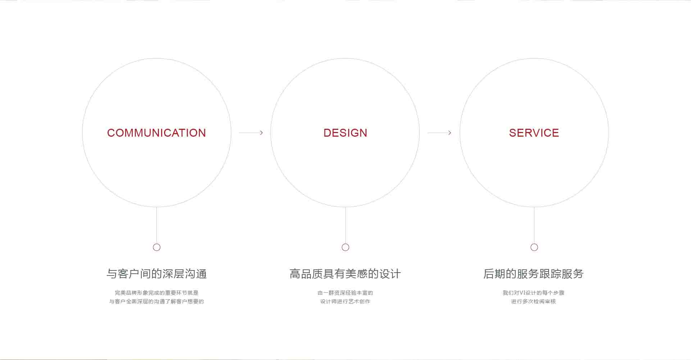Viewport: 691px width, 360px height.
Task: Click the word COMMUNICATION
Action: pyautogui.click(x=156, y=133)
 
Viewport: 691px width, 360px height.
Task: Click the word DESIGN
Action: pyautogui.click(x=345, y=133)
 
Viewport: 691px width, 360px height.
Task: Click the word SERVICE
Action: pyautogui.click(x=534, y=133)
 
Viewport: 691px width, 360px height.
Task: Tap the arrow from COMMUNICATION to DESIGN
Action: pyautogui.click(x=251, y=133)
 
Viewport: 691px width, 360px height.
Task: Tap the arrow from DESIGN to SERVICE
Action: pyautogui.click(x=439, y=133)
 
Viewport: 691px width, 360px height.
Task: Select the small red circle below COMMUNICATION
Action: pyautogui.click(x=156, y=247)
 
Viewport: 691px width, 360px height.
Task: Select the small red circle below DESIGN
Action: pyautogui.click(x=345, y=247)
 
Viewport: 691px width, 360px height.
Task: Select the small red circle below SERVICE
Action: pyautogui.click(x=534, y=247)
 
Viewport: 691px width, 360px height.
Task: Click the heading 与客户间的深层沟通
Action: pyautogui.click(x=156, y=274)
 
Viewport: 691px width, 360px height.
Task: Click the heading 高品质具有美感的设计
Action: pyautogui.click(x=345, y=274)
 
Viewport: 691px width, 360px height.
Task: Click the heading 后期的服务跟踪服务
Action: pyautogui.click(x=533, y=274)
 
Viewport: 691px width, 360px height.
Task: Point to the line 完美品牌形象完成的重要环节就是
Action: pyautogui.click(x=156, y=293)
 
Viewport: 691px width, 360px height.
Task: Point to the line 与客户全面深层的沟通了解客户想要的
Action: pyautogui.click(x=156, y=301)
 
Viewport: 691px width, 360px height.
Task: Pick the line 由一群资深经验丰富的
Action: pyautogui.click(x=345, y=293)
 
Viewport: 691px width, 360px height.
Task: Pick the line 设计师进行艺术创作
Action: pyautogui.click(x=345, y=301)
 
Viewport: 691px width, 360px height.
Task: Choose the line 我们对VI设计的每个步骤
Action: pyautogui.click(x=533, y=293)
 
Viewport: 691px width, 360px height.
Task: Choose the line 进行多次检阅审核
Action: pyautogui.click(x=533, y=301)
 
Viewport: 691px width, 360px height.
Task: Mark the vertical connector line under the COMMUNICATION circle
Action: pyautogui.click(x=156, y=225)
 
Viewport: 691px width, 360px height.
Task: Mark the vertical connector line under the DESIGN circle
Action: pyautogui.click(x=345, y=225)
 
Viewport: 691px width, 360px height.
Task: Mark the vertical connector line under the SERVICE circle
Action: pyautogui.click(x=534, y=225)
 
